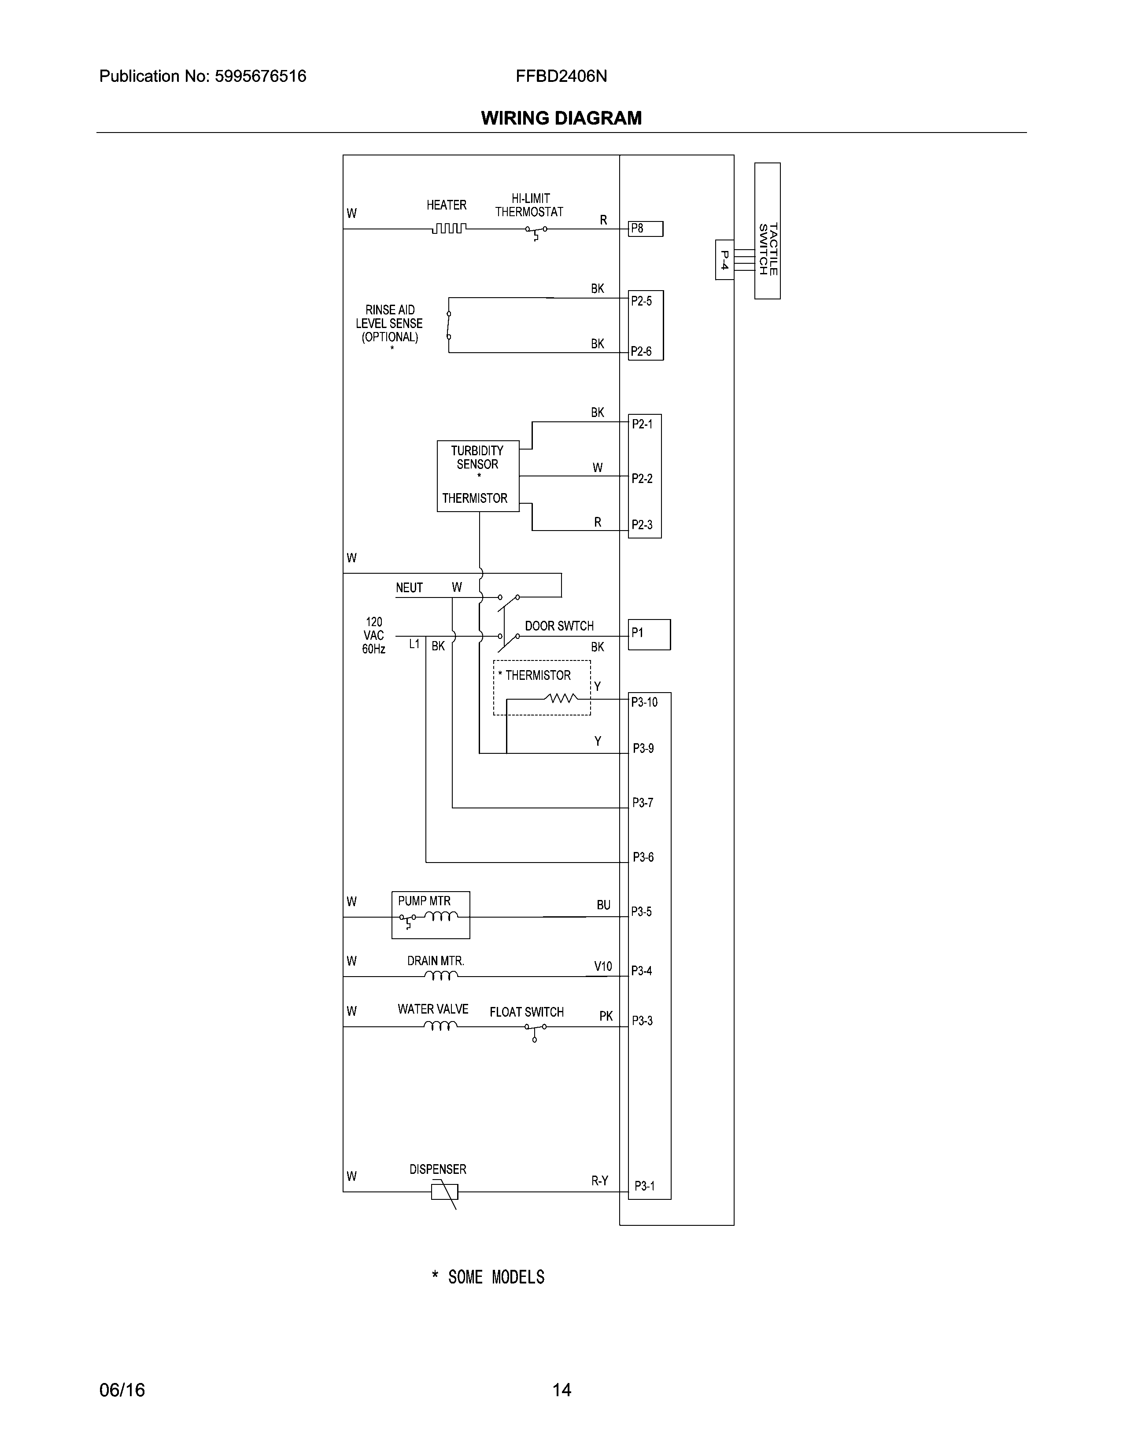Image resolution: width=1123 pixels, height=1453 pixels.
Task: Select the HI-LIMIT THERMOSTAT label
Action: click(x=529, y=205)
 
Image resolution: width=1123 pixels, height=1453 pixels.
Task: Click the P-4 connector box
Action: click(x=724, y=259)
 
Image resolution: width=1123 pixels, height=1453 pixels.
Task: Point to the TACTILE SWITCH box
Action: click(x=767, y=231)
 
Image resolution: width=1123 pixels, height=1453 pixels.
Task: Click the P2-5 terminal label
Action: click(x=642, y=301)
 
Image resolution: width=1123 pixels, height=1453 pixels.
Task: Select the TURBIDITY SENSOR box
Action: click(x=478, y=476)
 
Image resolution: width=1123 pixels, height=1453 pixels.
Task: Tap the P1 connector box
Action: click(x=649, y=634)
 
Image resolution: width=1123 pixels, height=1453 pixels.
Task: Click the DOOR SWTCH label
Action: click(x=559, y=626)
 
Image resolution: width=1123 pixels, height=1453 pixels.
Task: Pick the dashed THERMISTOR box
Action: click(x=542, y=687)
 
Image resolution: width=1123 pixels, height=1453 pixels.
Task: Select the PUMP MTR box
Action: click(x=430, y=915)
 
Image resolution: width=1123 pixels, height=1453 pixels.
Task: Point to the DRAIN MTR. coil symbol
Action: click(x=440, y=976)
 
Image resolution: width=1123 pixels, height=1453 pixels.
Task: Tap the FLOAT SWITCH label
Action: click(x=526, y=1012)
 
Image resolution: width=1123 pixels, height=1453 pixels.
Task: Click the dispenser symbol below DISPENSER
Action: click(x=444, y=1191)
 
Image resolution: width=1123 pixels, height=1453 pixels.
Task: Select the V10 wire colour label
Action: click(x=603, y=966)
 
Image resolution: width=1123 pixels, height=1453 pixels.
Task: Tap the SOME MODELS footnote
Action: click(x=489, y=1277)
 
